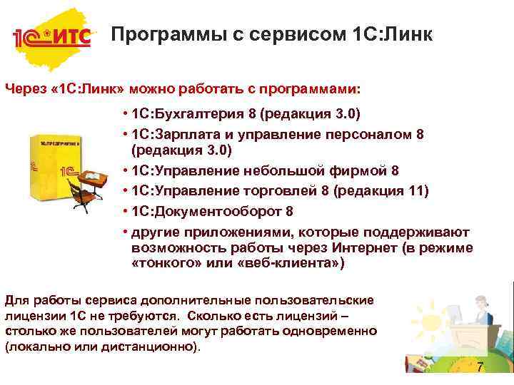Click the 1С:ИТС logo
pos(52,36)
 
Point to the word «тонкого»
pos(163,263)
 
